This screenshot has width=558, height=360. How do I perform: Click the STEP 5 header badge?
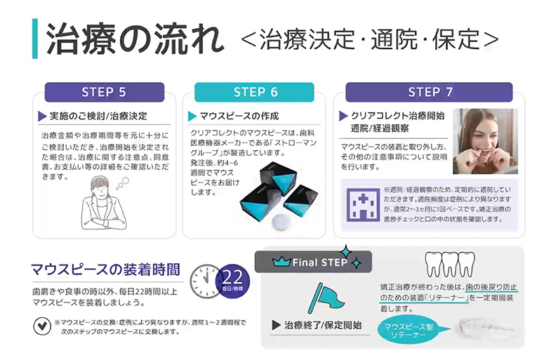click(104, 92)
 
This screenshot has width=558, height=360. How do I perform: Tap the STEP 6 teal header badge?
click(255, 92)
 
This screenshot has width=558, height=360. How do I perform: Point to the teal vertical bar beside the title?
click(35, 39)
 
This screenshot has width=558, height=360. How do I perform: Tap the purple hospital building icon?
click(362, 204)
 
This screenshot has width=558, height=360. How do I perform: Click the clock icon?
click(205, 279)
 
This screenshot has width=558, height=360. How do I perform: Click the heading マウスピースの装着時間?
click(105, 269)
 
